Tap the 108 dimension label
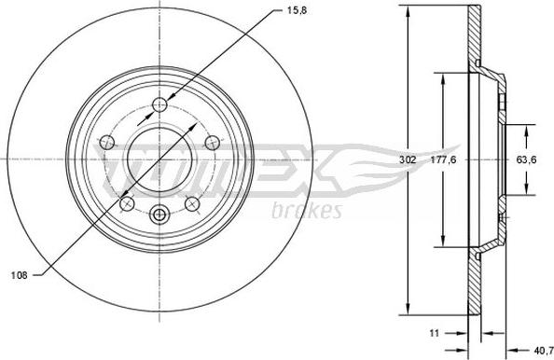pyautogui.click(x=19, y=275)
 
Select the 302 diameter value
pyautogui.click(x=408, y=159)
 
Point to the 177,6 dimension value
pyautogui.click(x=443, y=159)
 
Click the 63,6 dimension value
pyautogui.click(x=526, y=159)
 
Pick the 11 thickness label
pyautogui.click(x=435, y=333)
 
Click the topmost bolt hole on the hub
pyautogui.click(x=159, y=104)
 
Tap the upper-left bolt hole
pyautogui.click(x=107, y=143)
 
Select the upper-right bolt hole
pyautogui.click(x=213, y=143)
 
